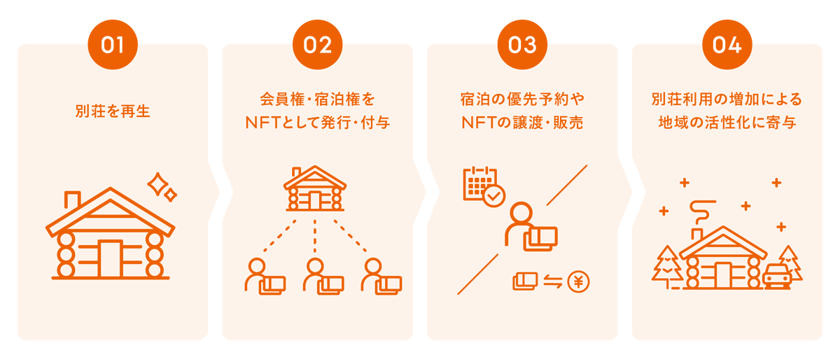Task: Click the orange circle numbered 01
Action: click(112, 45)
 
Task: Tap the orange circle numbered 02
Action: click(317, 45)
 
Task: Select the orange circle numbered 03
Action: click(522, 45)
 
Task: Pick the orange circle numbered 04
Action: click(727, 45)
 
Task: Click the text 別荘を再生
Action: click(112, 111)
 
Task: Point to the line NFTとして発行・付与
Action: click(317, 123)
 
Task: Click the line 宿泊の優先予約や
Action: click(522, 98)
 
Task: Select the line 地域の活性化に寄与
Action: click(727, 123)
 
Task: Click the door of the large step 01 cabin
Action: click(110, 258)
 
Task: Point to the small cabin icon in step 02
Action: click(315, 189)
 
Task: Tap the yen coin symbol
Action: click(579, 282)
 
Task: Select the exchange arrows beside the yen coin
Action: click(553, 282)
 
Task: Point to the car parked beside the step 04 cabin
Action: click(777, 276)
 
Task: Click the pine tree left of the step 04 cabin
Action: click(667, 267)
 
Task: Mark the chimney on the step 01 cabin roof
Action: click(71, 200)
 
